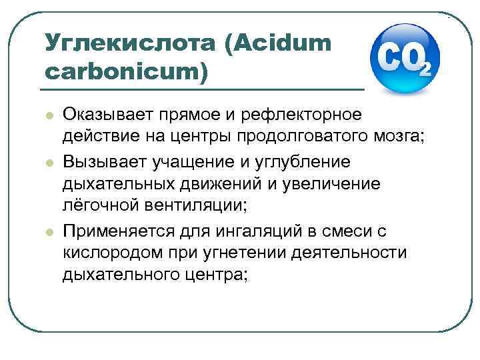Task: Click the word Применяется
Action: point(117,231)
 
